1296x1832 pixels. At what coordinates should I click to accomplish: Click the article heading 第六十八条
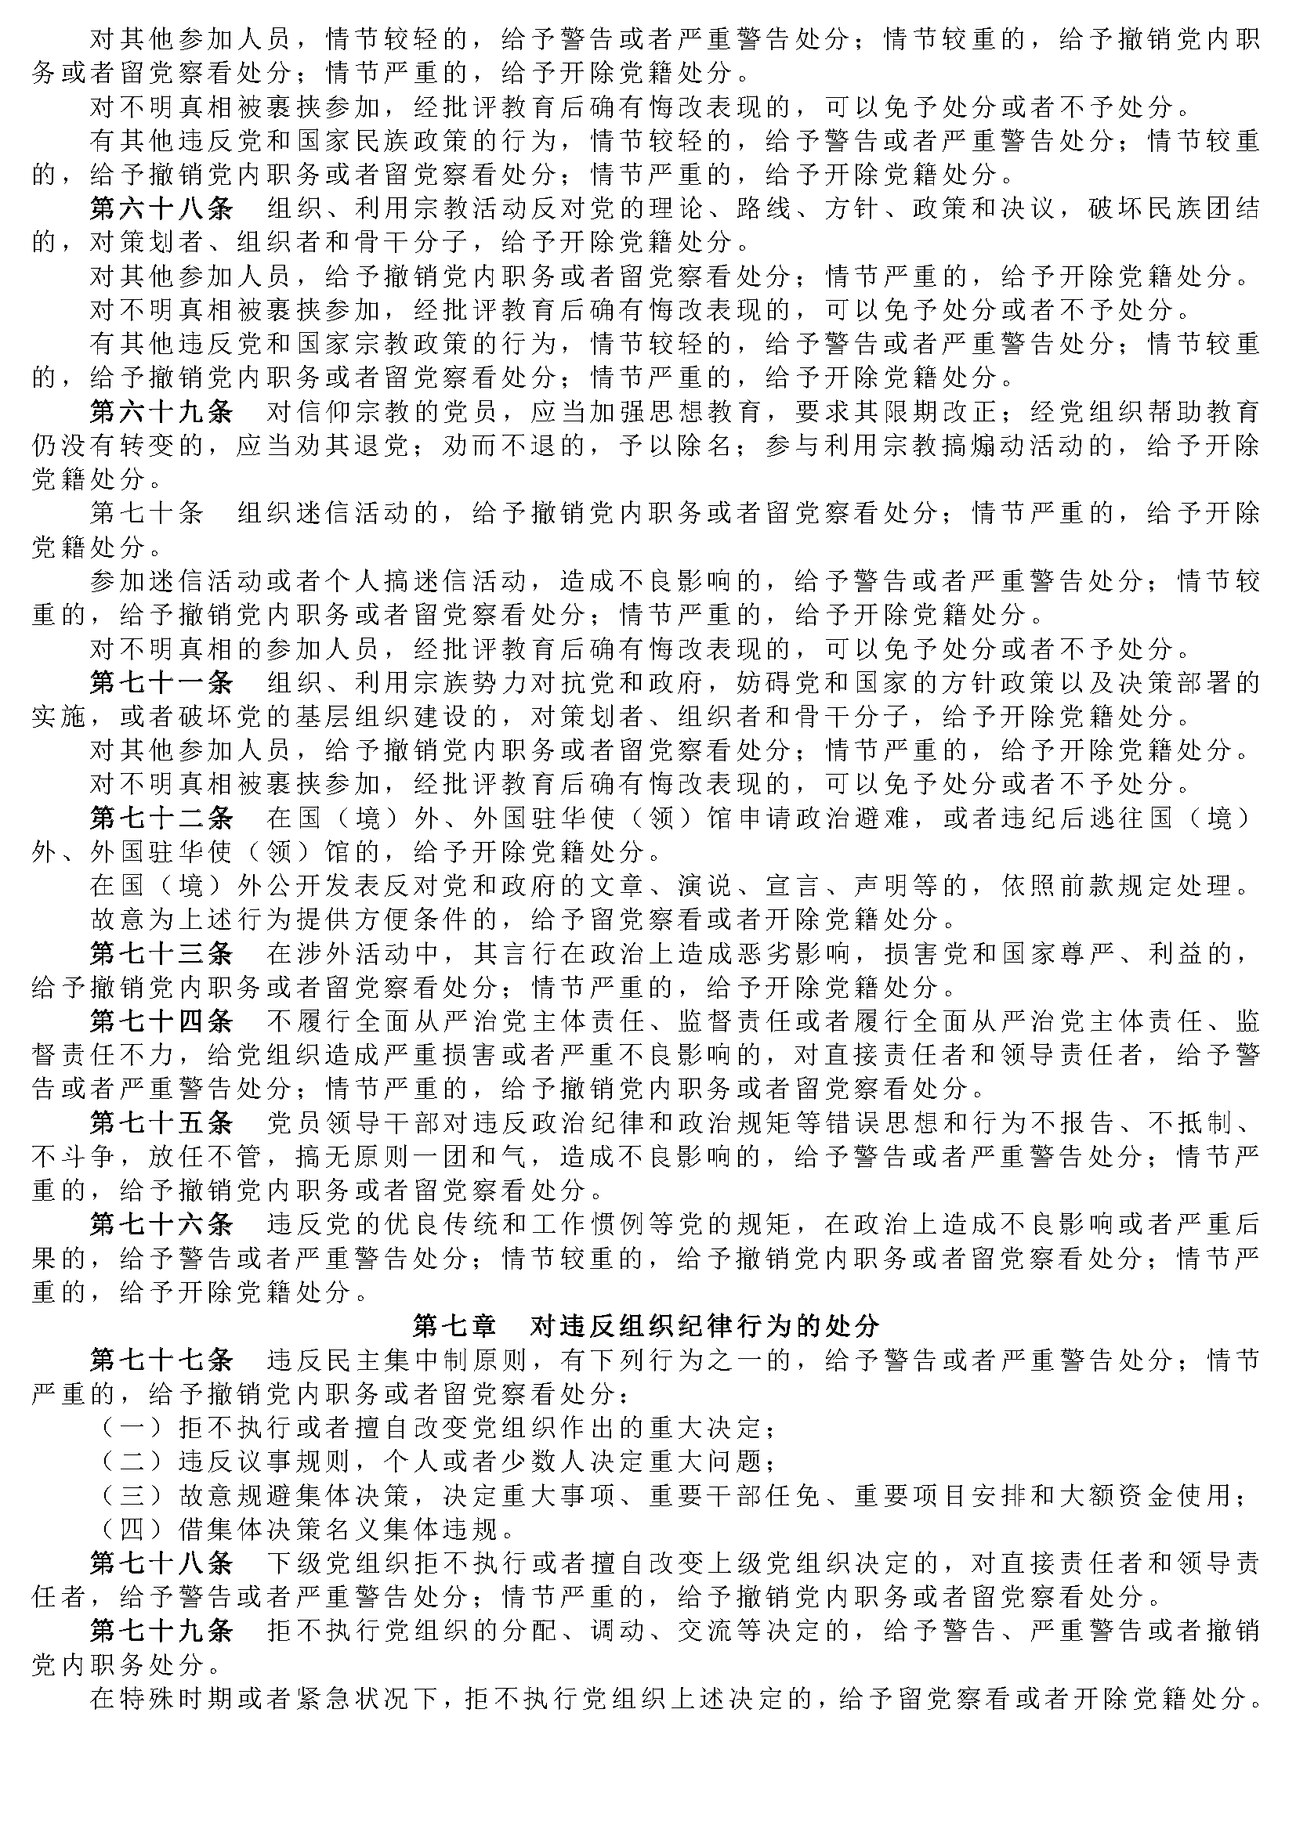tap(161, 209)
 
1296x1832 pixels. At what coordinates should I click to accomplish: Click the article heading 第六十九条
tap(161, 412)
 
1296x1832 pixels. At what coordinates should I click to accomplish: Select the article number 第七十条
tap(147, 513)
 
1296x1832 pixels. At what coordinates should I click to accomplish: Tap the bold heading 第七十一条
tap(161, 682)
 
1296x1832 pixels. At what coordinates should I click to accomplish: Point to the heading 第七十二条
tap(161, 818)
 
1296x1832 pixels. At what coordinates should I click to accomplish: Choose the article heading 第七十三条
tap(161, 953)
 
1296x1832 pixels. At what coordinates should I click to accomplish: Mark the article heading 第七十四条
tap(161, 1021)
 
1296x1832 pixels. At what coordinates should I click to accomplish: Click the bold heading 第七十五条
tap(161, 1122)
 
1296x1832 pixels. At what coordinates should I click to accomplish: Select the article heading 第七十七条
tap(161, 1360)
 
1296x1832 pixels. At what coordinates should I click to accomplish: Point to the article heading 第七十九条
tap(161, 1630)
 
